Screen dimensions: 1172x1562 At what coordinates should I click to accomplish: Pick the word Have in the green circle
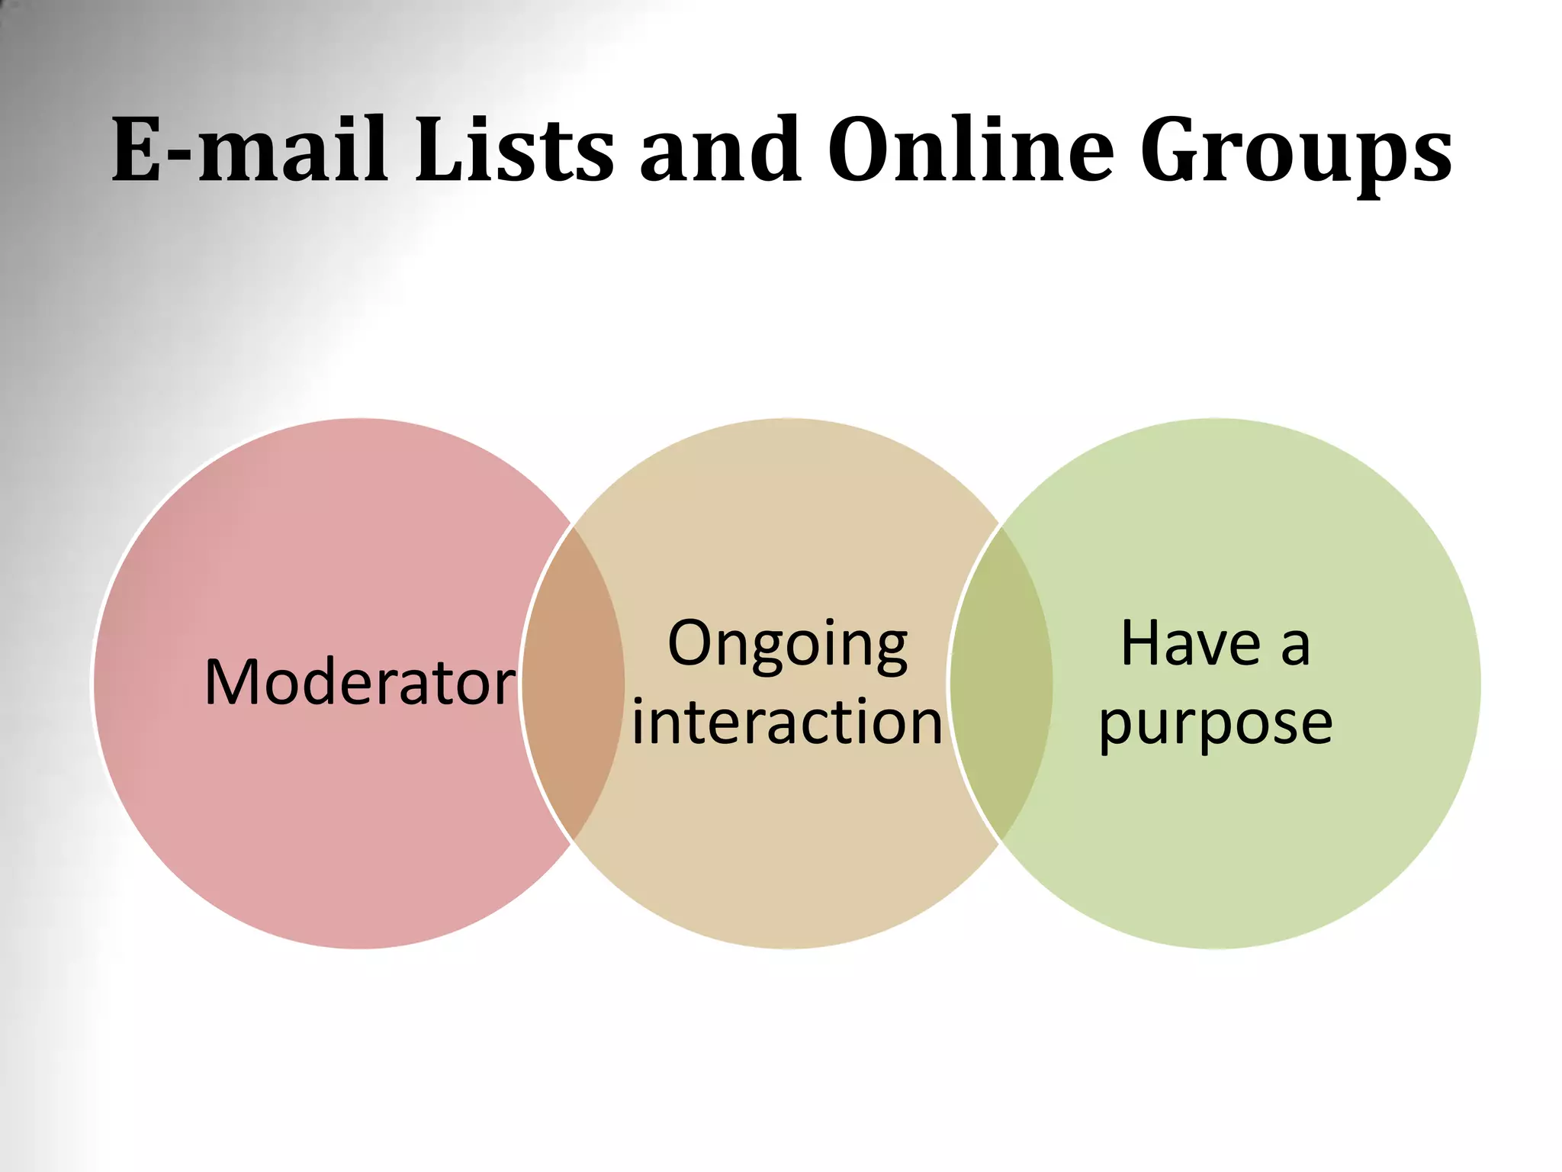click(x=1191, y=643)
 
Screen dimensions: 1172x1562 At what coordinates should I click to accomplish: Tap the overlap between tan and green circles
click(x=1001, y=683)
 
